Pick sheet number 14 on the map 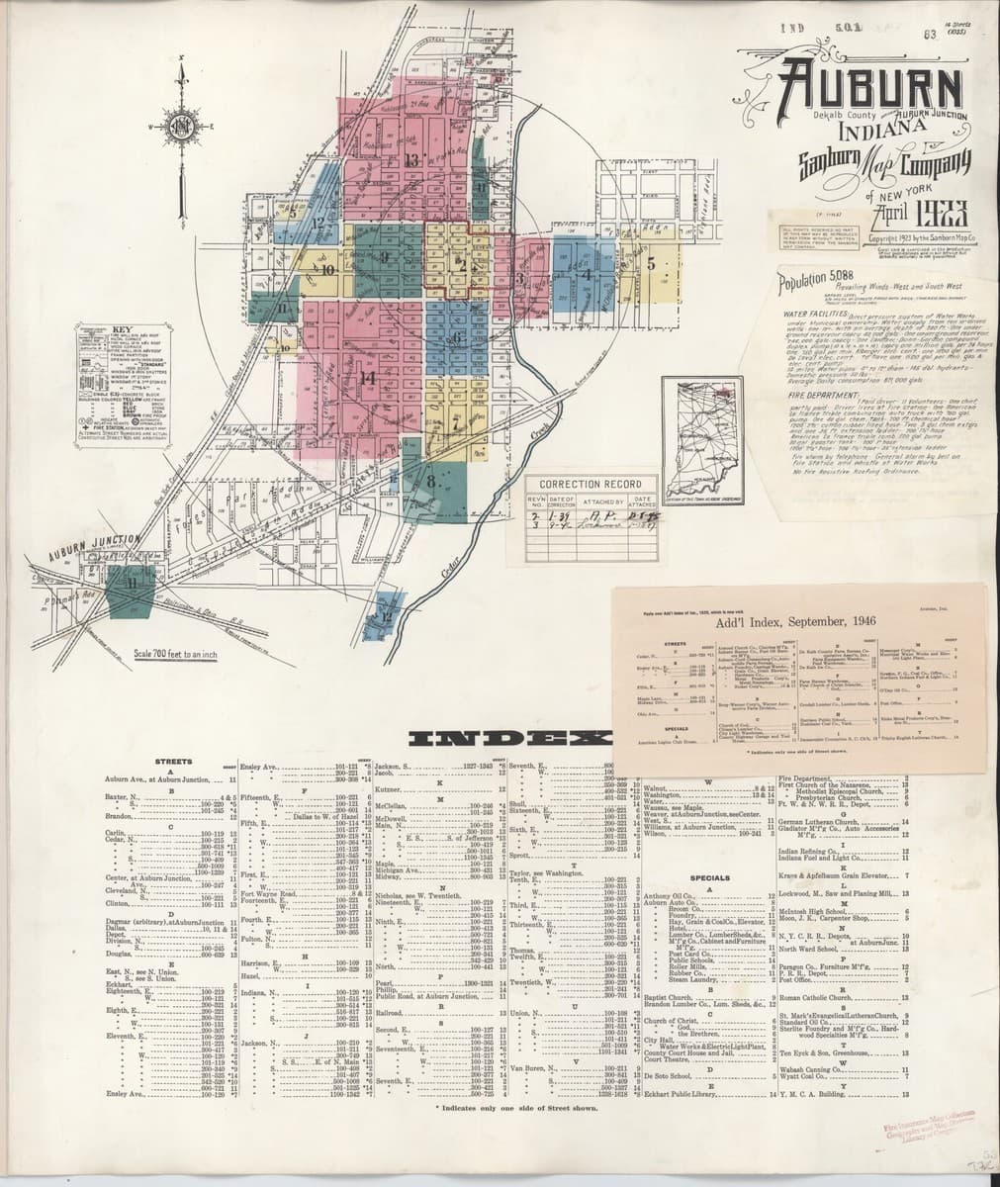[x=367, y=377]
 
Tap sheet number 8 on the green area [x=431, y=481]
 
